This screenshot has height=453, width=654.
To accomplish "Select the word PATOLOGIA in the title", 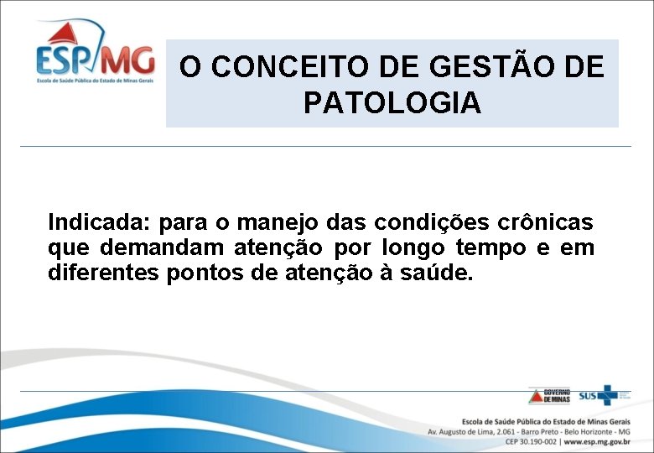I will [x=392, y=103].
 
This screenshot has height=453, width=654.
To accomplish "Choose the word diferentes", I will [x=101, y=273].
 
